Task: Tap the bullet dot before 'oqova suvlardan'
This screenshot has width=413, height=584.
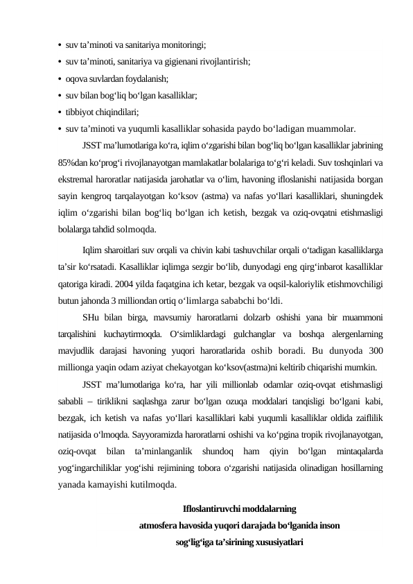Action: pos(61,78)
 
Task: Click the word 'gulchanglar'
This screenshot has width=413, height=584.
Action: pos(254,334)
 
